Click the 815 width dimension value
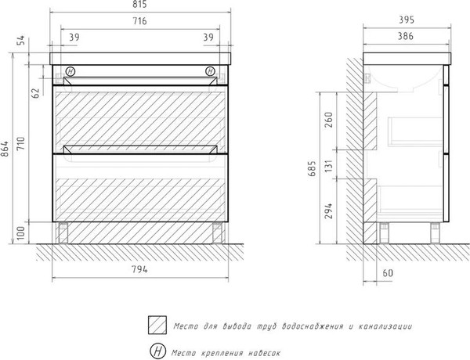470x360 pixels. [x=139, y=4]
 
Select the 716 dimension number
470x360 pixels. [x=139, y=21]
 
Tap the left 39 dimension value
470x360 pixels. [x=74, y=37]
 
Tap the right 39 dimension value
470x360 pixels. [x=208, y=37]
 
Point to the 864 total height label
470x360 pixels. [x=5, y=149]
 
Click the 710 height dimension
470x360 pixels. [x=21, y=144]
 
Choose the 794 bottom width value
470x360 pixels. [x=139, y=269]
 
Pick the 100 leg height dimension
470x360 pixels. [x=21, y=233]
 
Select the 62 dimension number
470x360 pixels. [x=35, y=93]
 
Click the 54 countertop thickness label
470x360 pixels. [x=21, y=41]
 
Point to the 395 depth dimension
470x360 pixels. [x=407, y=20]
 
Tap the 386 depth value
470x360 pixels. [x=406, y=36]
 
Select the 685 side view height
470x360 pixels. [x=312, y=168]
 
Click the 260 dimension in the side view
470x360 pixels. [x=329, y=120]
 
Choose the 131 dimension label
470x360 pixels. [x=329, y=166]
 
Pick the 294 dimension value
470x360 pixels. [x=329, y=211]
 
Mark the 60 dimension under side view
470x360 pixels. [x=388, y=273]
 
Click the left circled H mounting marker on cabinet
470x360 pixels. [x=70, y=71]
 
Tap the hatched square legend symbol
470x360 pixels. [x=157, y=325]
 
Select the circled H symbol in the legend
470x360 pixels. [x=158, y=351]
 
